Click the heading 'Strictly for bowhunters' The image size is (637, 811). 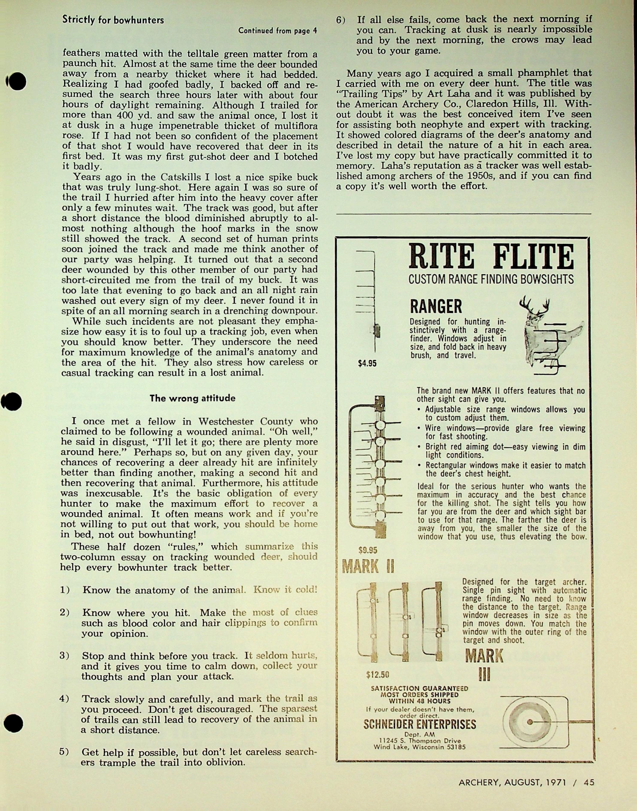tap(113, 20)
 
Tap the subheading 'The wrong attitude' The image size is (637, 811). tap(192, 398)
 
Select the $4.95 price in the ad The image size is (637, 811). tap(367, 363)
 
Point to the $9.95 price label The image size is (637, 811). tap(368, 550)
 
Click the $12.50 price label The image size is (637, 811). tap(377, 674)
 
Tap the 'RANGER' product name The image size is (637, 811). tap(436, 307)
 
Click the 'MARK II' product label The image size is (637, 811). tap(368, 567)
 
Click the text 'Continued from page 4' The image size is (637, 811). tap(278, 30)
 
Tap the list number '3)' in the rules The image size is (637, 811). tap(65, 655)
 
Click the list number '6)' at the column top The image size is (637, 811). tap(341, 20)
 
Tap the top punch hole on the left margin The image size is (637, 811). tap(16, 81)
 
